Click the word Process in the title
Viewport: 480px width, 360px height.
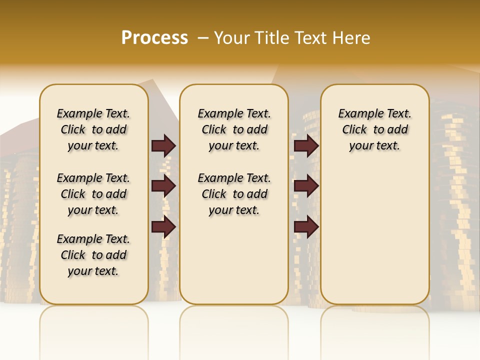(154, 37)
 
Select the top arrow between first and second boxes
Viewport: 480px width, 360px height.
(163, 145)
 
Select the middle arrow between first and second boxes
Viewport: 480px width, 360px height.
(163, 186)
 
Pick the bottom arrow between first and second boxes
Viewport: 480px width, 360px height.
(163, 227)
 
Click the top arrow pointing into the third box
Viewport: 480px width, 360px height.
(306, 145)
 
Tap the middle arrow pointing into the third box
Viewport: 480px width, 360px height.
(306, 186)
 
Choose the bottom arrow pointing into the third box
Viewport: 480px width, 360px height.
(306, 227)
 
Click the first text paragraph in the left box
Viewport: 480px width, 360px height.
(93, 129)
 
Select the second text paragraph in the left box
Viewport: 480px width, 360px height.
(93, 194)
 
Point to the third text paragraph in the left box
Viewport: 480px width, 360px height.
(93, 255)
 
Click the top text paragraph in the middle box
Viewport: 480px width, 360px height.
(234, 129)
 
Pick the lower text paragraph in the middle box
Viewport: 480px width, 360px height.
(234, 194)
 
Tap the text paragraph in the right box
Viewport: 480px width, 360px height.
(374, 129)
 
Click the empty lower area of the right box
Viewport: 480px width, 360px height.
(374, 235)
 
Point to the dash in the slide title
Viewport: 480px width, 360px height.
(203, 38)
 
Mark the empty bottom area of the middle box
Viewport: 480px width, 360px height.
(234, 265)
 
